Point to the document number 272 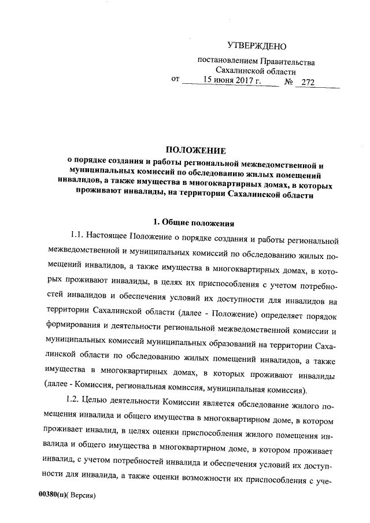[308, 83]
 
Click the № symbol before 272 [289, 83]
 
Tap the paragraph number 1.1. [77, 238]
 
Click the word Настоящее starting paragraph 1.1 [110, 238]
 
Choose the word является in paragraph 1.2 [218, 399]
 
